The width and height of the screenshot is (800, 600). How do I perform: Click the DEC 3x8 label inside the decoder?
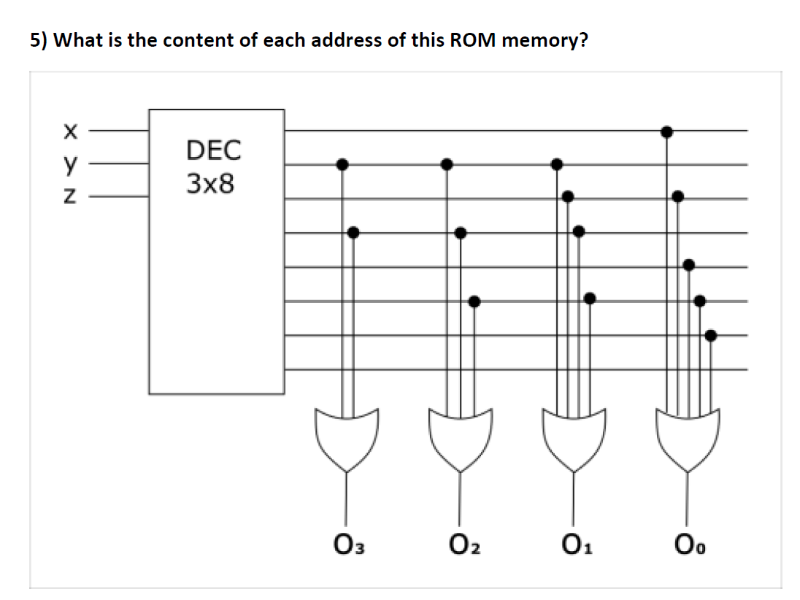(x=213, y=166)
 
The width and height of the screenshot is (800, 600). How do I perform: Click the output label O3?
(x=348, y=544)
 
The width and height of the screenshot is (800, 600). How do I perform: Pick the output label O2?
(x=461, y=544)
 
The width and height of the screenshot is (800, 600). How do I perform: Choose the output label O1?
(x=574, y=544)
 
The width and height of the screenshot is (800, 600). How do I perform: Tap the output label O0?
(x=688, y=544)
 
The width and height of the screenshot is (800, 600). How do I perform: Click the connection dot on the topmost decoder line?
(x=666, y=131)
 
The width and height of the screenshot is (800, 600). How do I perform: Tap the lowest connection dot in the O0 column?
(x=712, y=335)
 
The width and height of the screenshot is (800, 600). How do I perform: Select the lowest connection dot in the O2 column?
(x=474, y=301)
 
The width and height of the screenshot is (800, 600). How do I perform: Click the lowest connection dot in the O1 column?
(x=590, y=297)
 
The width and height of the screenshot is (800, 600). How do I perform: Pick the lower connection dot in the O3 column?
(x=353, y=233)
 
